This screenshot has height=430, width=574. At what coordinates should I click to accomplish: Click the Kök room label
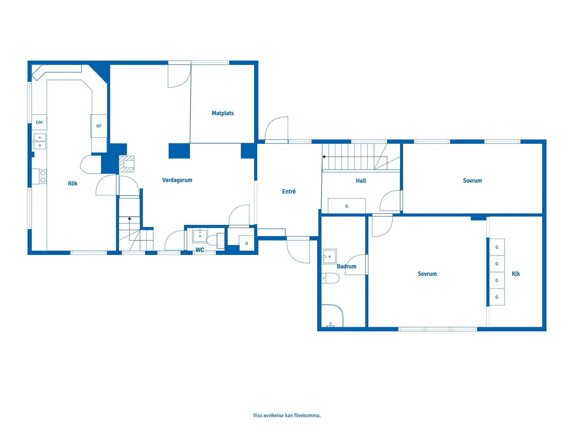(72, 183)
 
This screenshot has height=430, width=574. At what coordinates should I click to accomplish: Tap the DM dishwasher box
(39, 122)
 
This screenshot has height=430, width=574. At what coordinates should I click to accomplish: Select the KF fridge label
(99, 126)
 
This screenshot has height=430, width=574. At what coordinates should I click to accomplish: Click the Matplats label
(222, 113)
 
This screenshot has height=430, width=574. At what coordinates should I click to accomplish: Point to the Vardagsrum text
(177, 180)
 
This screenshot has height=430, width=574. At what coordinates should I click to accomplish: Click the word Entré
(289, 191)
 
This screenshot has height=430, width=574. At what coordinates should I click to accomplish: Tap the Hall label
(361, 181)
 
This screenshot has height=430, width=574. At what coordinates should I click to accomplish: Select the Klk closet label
(516, 274)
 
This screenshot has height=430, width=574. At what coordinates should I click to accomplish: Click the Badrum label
(346, 266)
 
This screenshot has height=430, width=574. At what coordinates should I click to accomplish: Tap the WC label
(200, 250)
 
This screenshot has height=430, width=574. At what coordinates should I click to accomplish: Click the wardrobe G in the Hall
(346, 206)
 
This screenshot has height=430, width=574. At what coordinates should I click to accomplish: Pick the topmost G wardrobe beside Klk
(497, 247)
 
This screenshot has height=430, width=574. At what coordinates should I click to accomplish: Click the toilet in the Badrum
(330, 278)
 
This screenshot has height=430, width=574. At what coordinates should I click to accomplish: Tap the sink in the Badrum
(329, 257)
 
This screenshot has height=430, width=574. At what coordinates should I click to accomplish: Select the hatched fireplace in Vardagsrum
(127, 164)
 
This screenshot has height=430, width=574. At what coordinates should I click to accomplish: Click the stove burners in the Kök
(42, 176)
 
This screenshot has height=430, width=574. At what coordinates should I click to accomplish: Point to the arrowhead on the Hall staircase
(324, 157)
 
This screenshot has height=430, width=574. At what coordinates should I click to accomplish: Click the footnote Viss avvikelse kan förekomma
(287, 415)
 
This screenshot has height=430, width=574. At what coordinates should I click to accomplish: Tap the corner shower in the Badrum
(332, 316)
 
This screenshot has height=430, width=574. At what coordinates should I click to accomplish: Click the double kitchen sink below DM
(40, 141)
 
